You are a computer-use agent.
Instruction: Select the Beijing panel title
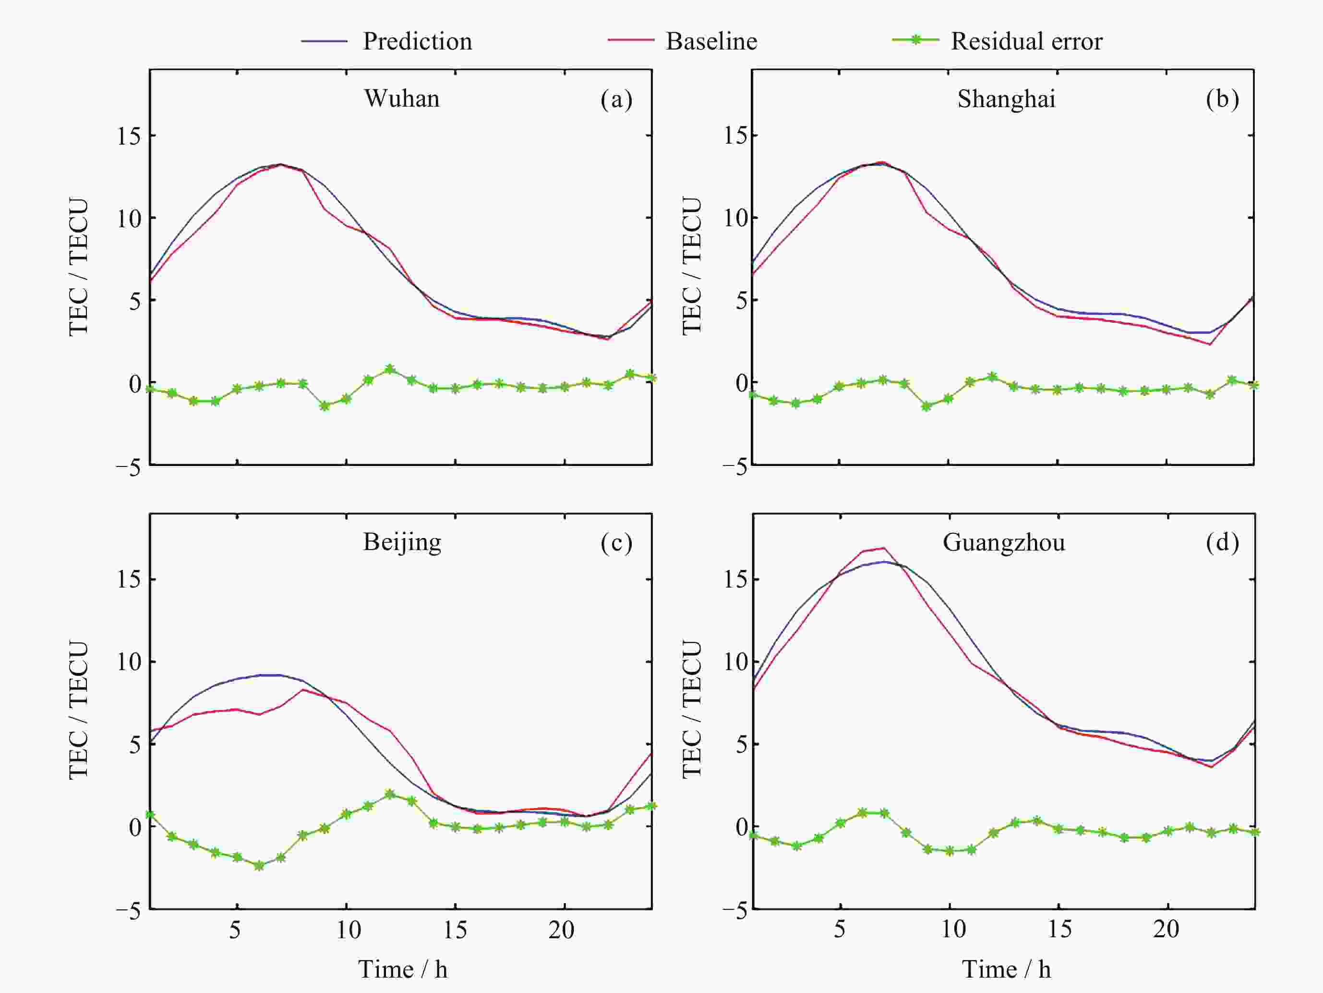pos(402,542)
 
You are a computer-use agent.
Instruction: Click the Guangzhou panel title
pos(1004,543)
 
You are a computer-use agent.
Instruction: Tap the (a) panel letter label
pos(616,99)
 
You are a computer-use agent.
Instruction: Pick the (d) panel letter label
pos(1222,542)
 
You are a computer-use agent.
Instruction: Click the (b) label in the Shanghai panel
pos(1222,99)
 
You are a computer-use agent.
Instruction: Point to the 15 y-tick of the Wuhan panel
pos(129,136)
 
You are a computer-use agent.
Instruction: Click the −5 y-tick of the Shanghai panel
pos(734,467)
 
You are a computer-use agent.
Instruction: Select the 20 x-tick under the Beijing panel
pos(561,930)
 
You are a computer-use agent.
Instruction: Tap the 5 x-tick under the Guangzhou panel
pos(839,929)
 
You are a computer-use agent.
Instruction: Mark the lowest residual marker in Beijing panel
pos(259,866)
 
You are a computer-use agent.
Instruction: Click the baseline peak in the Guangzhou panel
pos(884,548)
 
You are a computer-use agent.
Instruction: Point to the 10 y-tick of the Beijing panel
pos(129,662)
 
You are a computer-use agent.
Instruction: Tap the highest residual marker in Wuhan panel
pos(390,369)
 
